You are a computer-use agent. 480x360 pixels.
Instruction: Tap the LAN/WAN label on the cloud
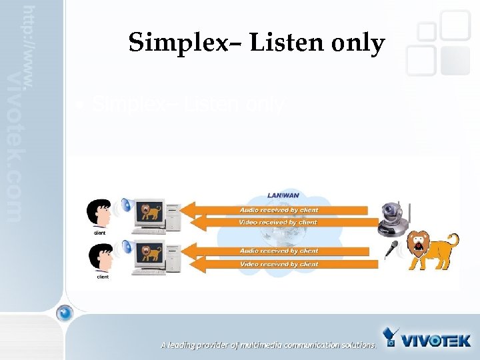pyautogui.click(x=283, y=195)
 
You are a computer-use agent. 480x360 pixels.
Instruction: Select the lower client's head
pyautogui.click(x=100, y=255)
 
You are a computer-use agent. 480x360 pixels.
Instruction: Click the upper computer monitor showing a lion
pyautogui.click(x=150, y=213)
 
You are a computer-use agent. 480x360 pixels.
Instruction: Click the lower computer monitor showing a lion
pyautogui.click(x=150, y=254)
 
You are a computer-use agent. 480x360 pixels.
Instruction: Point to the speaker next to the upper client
pyautogui.click(x=124, y=207)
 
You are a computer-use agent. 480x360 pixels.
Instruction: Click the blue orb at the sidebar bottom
pyautogui.click(x=64, y=312)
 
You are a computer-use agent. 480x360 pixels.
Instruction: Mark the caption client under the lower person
pyautogui.click(x=103, y=276)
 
